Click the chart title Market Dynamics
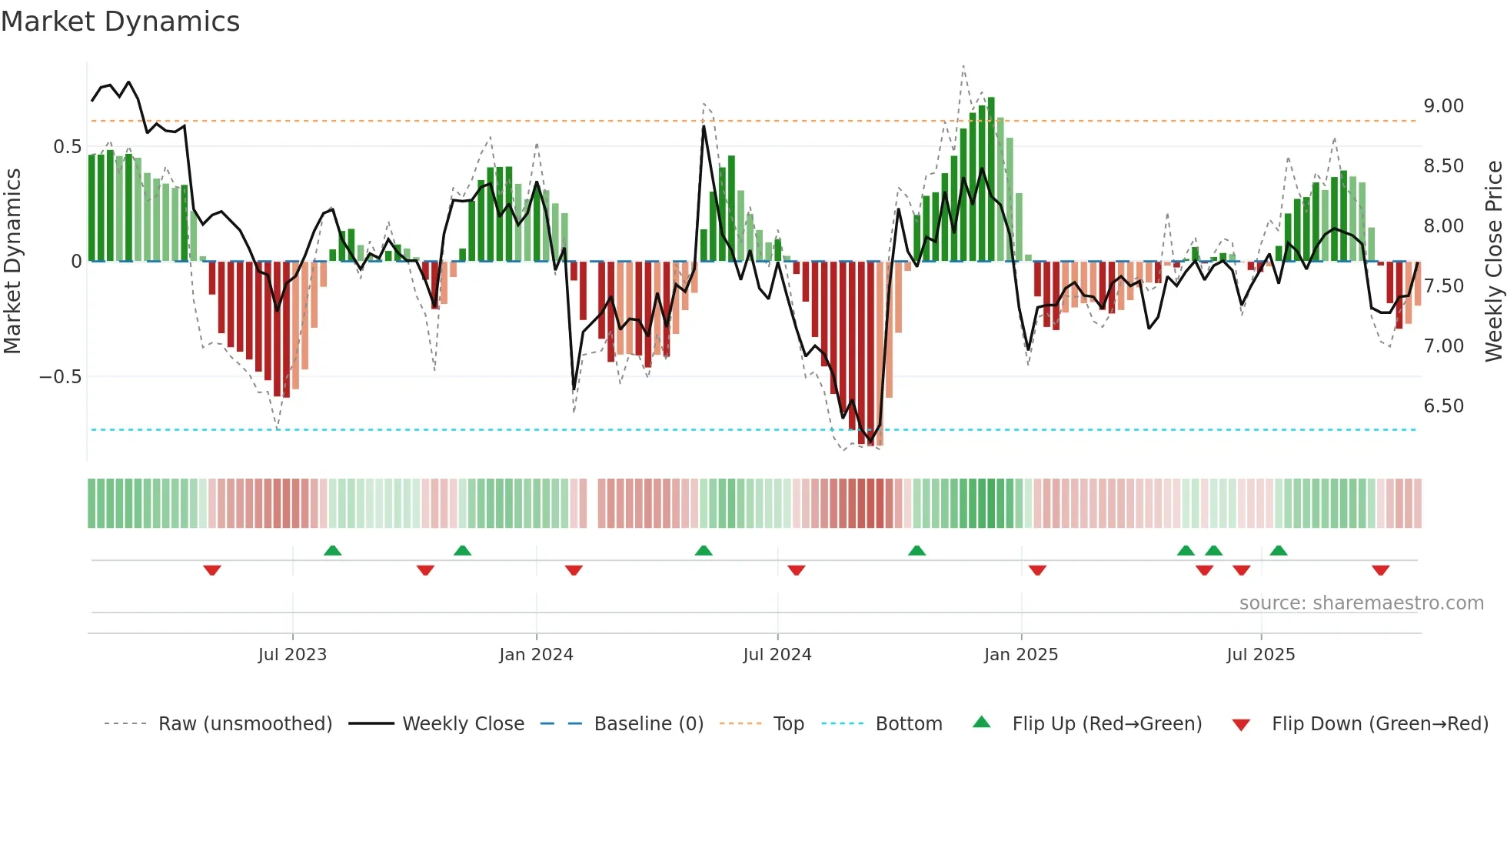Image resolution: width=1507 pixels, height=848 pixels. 120,22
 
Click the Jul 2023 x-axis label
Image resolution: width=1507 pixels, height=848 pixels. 292,655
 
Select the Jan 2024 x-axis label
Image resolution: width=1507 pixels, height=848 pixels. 536,655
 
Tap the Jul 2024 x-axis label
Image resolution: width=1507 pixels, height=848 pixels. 777,655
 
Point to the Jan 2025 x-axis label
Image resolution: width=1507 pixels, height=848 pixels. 1020,655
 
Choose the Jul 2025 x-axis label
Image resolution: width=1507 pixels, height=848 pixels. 1260,655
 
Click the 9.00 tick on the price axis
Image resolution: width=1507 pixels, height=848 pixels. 1443,106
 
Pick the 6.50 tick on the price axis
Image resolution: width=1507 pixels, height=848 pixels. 1443,406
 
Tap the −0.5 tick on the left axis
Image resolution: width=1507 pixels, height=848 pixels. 60,377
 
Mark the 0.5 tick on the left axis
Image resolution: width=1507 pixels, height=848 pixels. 67,147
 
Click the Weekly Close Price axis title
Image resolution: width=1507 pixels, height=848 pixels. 1493,261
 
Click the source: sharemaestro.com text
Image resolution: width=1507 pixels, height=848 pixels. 1361,603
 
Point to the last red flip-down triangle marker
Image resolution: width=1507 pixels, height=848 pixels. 1380,570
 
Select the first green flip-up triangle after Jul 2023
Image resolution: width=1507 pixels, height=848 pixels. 332,550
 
